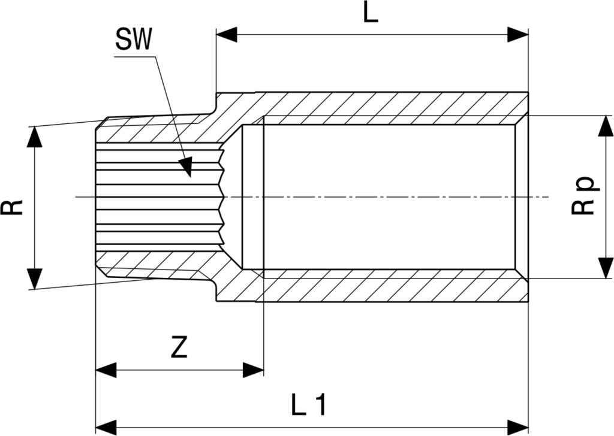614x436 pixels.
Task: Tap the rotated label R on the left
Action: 13,207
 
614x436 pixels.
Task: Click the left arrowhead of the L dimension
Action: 227,35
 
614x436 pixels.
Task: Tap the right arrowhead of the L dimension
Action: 517,35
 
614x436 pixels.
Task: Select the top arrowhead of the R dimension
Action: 35,137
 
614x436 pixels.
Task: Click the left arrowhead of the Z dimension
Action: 106,370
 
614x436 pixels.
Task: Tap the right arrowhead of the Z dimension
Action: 253,370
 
